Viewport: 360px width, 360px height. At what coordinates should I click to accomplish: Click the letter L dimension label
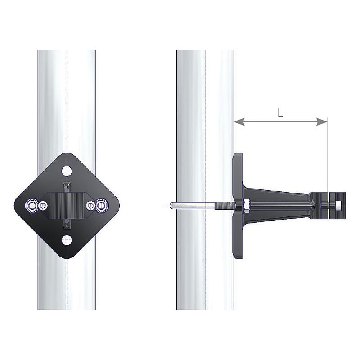[x=280, y=112]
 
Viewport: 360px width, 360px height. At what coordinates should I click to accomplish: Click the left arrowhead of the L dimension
[x=239, y=121]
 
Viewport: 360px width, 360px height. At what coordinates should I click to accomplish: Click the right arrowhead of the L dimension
[x=322, y=121]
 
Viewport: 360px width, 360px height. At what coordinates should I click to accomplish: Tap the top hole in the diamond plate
[x=67, y=171]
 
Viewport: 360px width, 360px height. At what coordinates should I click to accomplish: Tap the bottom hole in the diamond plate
[x=67, y=240]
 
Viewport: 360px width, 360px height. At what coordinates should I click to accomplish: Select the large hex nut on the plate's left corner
[x=32, y=206]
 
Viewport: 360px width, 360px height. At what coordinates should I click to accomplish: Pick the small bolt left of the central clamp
[x=43, y=206]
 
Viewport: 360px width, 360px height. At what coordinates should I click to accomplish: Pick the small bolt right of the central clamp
[x=91, y=206]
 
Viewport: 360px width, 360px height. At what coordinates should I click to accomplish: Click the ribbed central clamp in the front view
[x=67, y=206]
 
